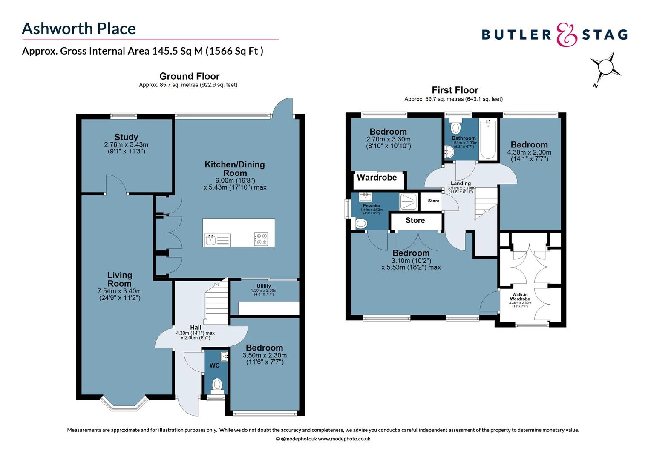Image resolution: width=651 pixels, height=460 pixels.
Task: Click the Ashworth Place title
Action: point(79,29)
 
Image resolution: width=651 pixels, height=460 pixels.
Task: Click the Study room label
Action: point(126,137)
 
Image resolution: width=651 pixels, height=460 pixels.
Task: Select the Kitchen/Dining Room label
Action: point(235,169)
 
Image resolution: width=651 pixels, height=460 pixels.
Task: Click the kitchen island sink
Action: point(211,240)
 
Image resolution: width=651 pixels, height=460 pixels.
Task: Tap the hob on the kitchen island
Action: point(261,239)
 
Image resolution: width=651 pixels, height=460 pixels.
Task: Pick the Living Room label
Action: point(120,279)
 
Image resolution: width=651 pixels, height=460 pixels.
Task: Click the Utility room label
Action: point(264,286)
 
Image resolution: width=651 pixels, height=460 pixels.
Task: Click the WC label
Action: point(215,365)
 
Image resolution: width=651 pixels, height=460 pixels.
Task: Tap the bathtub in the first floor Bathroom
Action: point(488,139)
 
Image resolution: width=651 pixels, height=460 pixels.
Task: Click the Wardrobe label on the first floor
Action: point(377,178)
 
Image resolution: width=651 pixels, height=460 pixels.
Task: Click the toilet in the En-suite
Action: point(360,224)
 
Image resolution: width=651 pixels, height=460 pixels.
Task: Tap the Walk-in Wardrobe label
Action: point(520,297)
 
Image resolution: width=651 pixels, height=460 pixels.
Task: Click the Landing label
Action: point(461,184)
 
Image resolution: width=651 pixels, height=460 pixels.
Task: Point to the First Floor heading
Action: point(455,90)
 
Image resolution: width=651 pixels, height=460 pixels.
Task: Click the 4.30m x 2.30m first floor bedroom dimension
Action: point(529,152)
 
